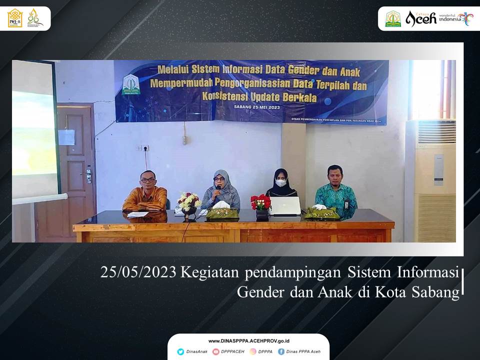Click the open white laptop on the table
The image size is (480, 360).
pyautogui.click(x=285, y=205)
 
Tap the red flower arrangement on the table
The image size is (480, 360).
pyautogui.click(x=260, y=202)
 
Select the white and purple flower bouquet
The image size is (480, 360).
pyautogui.click(x=189, y=201)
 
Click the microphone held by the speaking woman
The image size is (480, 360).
pyautogui.click(x=218, y=189)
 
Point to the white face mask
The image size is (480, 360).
pyautogui.click(x=281, y=183)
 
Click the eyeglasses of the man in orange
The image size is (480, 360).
pyautogui.click(x=147, y=180)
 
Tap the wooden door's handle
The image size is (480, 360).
pyautogui.click(x=88, y=175)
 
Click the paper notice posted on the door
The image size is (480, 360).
pyautogui.click(x=66, y=137)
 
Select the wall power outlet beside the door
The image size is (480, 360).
pyautogui.click(x=142, y=148)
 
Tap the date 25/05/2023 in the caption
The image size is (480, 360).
pyautogui.click(x=138, y=272)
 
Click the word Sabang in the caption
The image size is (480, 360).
pyautogui.click(x=435, y=292)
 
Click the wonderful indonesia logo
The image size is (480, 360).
pyautogui.click(x=455, y=18)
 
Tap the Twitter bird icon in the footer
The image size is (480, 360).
pyautogui.click(x=180, y=351)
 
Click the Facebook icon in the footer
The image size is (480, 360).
pyautogui.click(x=281, y=351)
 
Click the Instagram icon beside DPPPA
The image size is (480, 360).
pyautogui.click(x=253, y=351)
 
